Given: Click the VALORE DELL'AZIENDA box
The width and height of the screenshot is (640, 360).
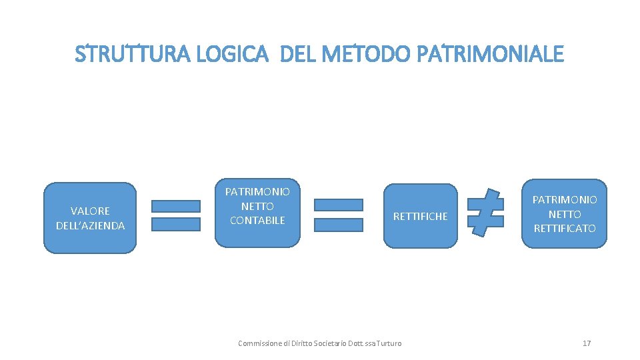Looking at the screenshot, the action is pyautogui.click(x=90, y=218).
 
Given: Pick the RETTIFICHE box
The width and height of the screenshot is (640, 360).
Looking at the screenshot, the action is pyautogui.click(x=421, y=216).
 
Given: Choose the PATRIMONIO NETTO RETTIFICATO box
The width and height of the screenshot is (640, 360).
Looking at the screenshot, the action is pyautogui.click(x=565, y=214).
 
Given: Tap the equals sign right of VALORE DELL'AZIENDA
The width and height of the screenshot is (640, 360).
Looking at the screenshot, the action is pyautogui.click(x=176, y=215).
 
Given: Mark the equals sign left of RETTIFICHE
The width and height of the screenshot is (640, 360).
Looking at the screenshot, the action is pyautogui.click(x=339, y=215).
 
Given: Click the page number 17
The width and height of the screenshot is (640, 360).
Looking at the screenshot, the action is pyautogui.click(x=587, y=343).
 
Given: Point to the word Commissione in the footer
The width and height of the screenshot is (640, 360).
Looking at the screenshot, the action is pyautogui.click(x=258, y=343).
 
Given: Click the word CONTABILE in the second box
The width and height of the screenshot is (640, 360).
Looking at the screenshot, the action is pyautogui.click(x=257, y=220).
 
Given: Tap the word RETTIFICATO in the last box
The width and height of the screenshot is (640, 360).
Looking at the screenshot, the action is pyautogui.click(x=565, y=229).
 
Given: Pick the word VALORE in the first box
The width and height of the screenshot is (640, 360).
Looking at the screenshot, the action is pyautogui.click(x=90, y=211).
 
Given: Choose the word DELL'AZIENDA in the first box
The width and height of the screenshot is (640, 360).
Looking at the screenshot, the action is pyautogui.click(x=90, y=225).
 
